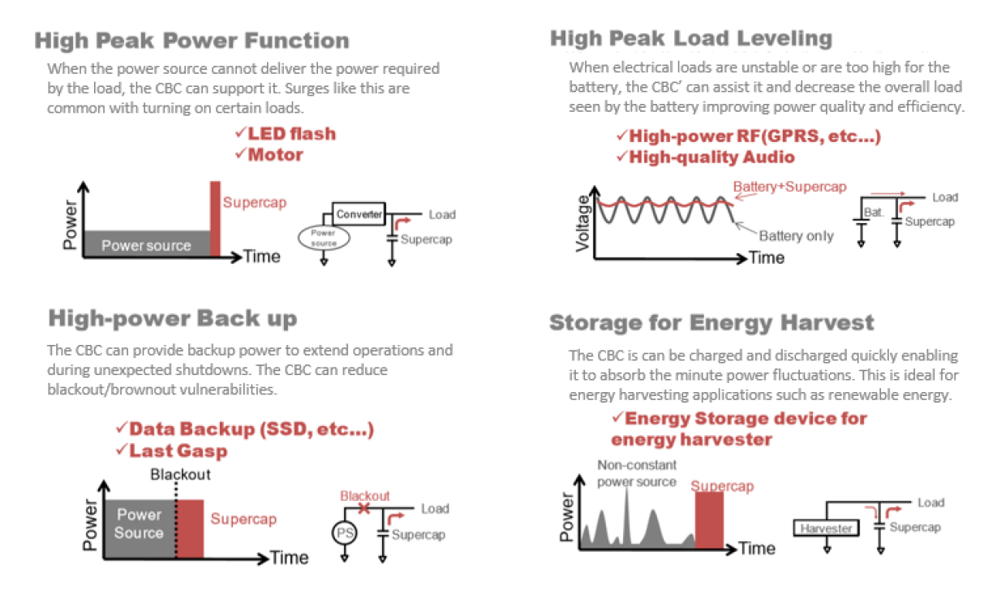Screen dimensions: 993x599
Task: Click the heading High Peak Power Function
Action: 191,41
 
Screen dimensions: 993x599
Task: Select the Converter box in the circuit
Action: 359,214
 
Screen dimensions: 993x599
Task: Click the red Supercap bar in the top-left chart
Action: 215,218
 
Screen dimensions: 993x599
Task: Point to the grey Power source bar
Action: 146,244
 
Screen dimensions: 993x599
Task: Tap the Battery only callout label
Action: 796,236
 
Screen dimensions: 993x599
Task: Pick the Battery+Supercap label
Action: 789,187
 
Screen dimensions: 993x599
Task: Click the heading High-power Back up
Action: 173,317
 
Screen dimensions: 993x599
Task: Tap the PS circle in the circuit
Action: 345,533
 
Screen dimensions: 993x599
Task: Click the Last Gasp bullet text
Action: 178,450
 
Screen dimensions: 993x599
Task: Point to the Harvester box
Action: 826,528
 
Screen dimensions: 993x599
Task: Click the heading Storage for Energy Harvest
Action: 711,323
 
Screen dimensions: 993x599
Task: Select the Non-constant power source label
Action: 636,473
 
